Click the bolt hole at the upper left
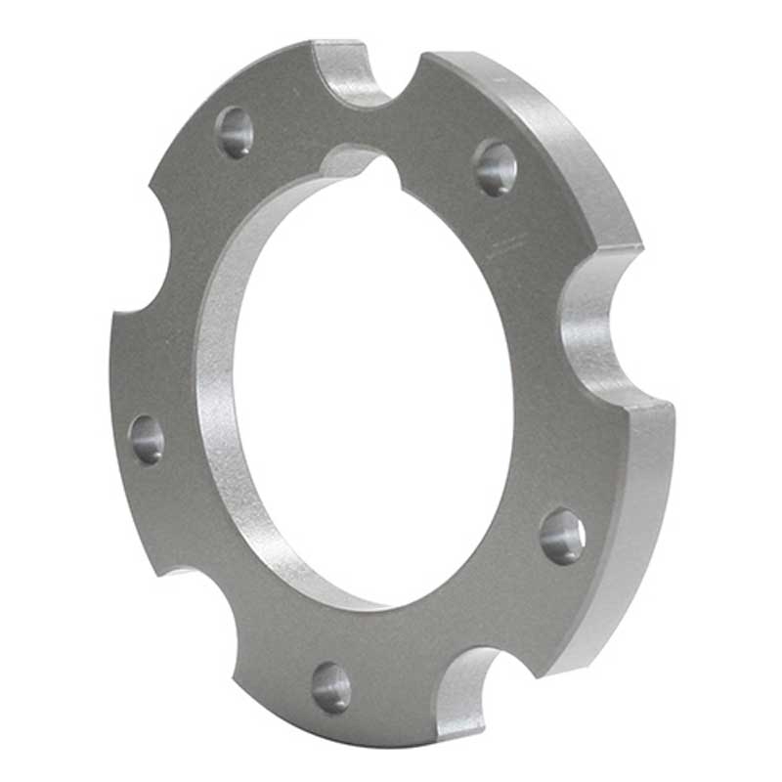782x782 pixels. click(x=235, y=132)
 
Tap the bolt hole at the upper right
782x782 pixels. click(x=495, y=167)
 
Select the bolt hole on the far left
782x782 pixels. click(x=147, y=439)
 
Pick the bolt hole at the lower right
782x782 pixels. click(x=562, y=536)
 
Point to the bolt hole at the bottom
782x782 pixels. click(x=331, y=687)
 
